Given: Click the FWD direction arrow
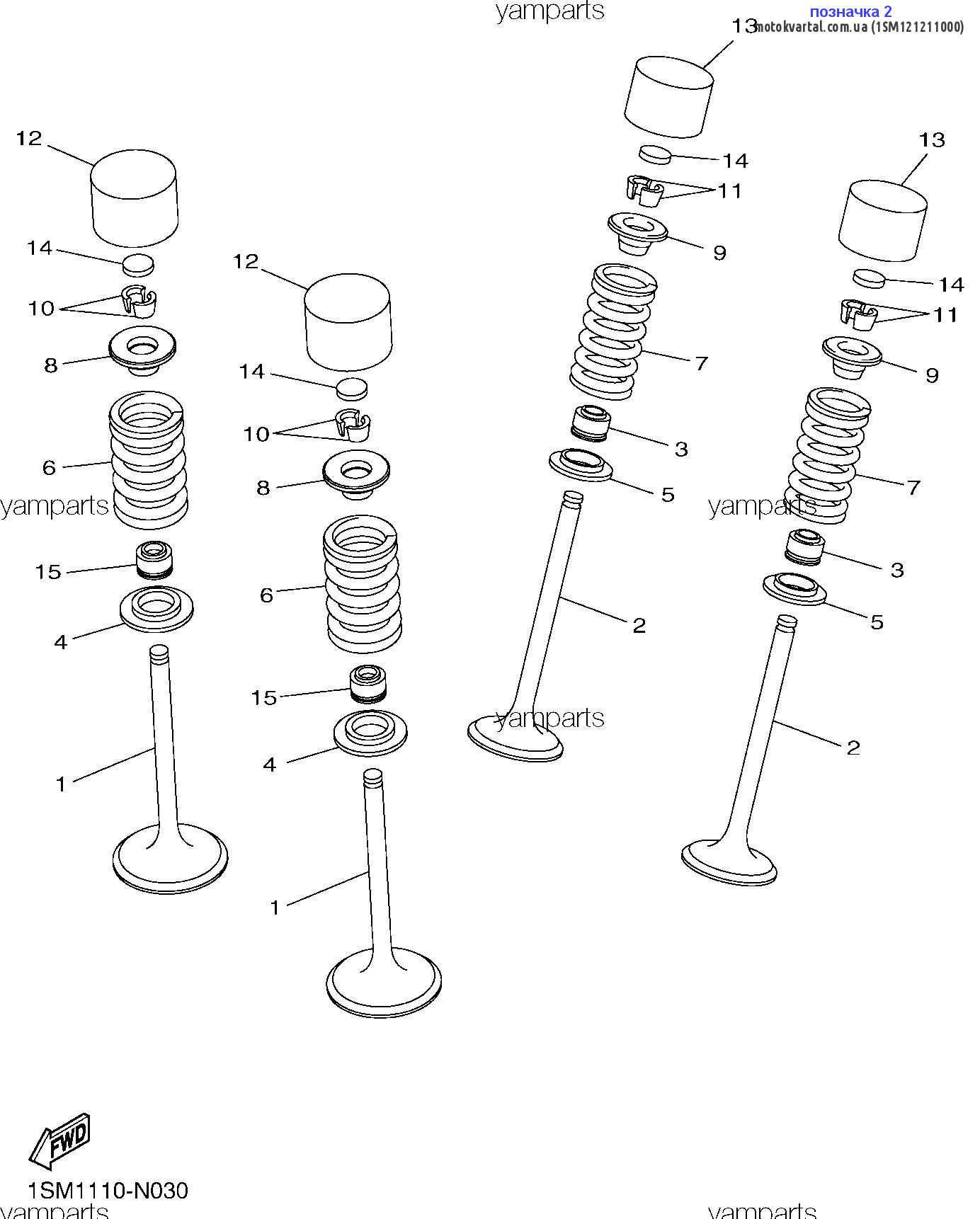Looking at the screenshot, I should click(x=61, y=1140).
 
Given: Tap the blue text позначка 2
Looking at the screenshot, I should click(x=850, y=11).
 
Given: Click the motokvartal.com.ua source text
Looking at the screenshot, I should click(x=860, y=27).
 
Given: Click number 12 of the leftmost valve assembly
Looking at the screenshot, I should click(x=29, y=139).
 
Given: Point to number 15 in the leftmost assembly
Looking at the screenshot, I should click(x=48, y=572).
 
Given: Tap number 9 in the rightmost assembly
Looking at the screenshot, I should click(x=932, y=375).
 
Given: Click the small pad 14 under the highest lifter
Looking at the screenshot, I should click(x=654, y=154).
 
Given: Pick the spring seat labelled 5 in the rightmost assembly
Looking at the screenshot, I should click(x=794, y=588).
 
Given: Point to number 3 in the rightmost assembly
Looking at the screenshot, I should click(x=897, y=570).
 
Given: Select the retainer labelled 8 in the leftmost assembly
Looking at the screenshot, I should click(x=142, y=350).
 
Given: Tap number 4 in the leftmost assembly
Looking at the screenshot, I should click(x=61, y=642).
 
